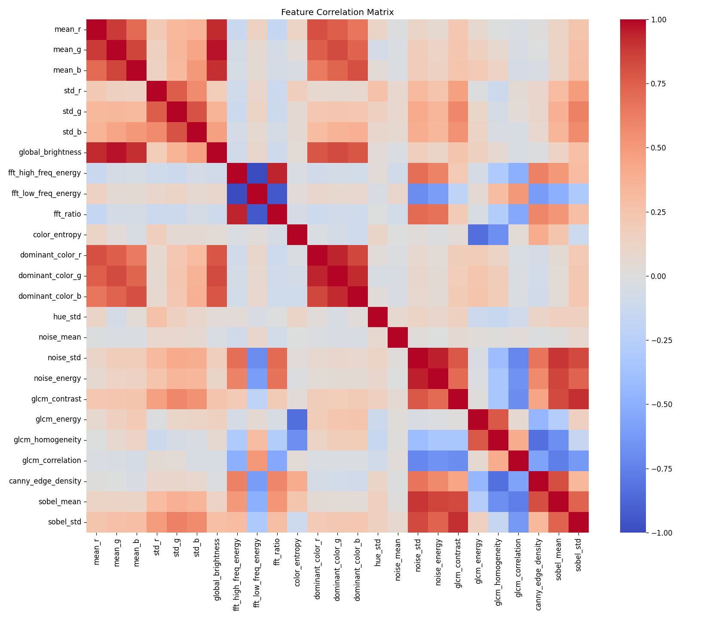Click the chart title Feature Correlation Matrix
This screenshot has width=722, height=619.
338,12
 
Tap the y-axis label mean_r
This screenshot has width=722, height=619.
68,30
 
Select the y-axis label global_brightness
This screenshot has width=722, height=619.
53,153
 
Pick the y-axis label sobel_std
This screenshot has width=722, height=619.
65,522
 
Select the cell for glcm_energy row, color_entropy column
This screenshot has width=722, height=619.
297,420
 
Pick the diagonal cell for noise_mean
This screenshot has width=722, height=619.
398,337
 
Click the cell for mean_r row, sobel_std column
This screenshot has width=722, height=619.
578,30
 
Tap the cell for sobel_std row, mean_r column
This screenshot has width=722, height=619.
97,522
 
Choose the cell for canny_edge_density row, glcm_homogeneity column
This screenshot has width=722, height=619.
498,481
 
